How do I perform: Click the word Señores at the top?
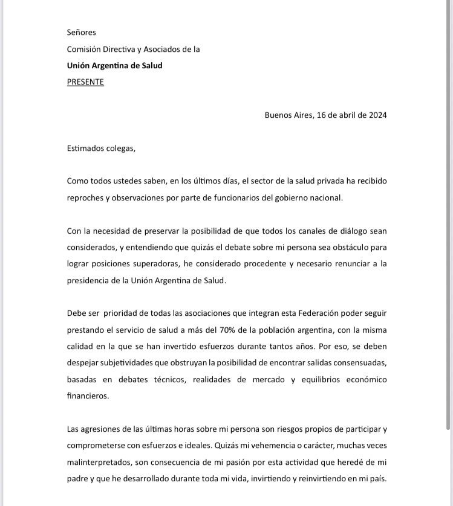[x=82, y=33]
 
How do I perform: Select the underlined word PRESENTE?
[x=85, y=82]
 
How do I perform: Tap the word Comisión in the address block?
[x=86, y=50]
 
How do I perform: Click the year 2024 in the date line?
[x=374, y=115]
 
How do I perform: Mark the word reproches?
[x=90, y=198]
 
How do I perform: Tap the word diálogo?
[x=348, y=231]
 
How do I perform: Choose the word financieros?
[x=88, y=396]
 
